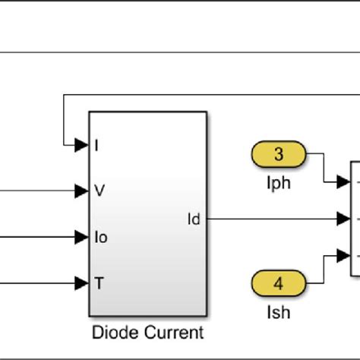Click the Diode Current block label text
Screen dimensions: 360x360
pyautogui.click(x=147, y=332)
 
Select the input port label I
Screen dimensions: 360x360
pyautogui.click(x=96, y=145)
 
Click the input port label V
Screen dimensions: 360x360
pyautogui.click(x=99, y=191)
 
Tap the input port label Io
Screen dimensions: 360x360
pyautogui.click(x=101, y=238)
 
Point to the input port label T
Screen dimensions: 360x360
pyautogui.click(x=99, y=283)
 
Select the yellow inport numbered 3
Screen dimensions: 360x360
pyautogui.click(x=278, y=155)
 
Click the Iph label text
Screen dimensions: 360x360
pyautogui.click(x=278, y=183)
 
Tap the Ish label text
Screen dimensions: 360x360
pyautogui.click(x=278, y=311)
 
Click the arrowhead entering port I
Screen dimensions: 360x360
pyautogui.click(x=81, y=145)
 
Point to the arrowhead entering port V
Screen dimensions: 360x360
pyautogui.click(x=81, y=191)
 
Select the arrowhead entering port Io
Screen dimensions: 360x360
pyautogui.click(x=81, y=238)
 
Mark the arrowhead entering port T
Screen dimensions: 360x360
pyautogui.click(x=81, y=283)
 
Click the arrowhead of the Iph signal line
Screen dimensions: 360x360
pyautogui.click(x=343, y=182)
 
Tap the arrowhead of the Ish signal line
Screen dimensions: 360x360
pyautogui.click(x=343, y=256)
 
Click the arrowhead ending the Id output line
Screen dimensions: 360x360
pyautogui.click(x=343, y=219)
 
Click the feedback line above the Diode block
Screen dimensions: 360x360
pyautogui.click(x=205, y=94)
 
